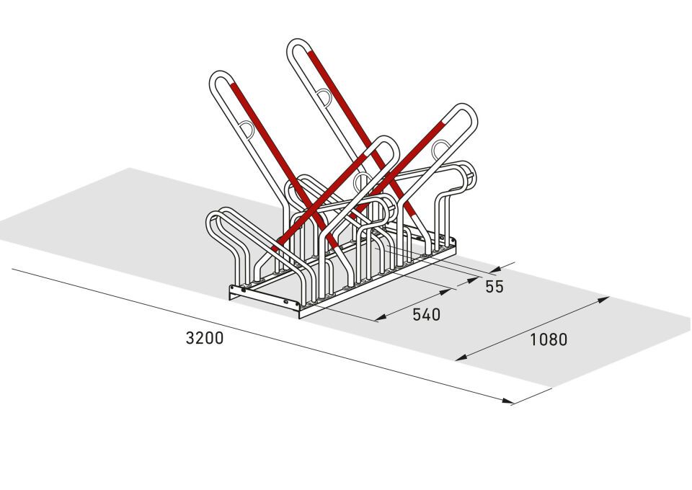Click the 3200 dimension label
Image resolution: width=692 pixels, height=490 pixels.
point(204,338)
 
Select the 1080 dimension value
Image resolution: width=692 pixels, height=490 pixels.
point(548,339)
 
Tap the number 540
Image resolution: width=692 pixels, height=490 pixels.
point(426,314)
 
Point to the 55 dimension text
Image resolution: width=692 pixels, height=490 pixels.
point(494,287)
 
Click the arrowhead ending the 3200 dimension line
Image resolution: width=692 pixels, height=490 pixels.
point(507,401)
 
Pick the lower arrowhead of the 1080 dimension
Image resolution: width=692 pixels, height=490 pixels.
point(461,357)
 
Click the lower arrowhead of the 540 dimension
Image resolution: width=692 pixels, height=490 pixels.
point(381,318)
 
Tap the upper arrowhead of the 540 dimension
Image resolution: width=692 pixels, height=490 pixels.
point(448,292)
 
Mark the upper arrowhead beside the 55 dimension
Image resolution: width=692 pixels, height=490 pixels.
point(496,269)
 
